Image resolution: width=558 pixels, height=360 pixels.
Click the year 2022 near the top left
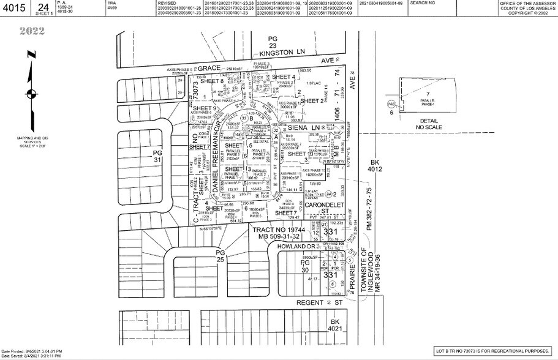(x=30, y=31)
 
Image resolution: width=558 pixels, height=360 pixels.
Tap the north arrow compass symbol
(x=30, y=94)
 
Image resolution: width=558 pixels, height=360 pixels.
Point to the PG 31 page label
(x=158, y=156)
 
